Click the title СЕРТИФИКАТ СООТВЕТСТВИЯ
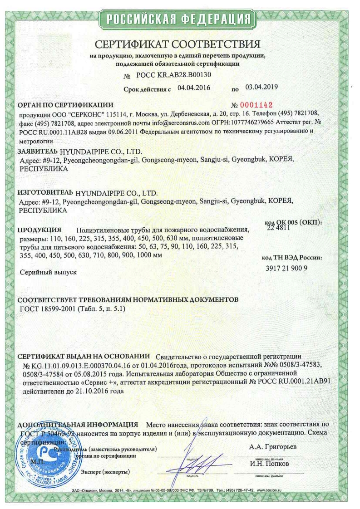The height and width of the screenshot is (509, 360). (x=178, y=44)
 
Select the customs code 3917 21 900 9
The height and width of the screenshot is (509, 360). (x=286, y=268)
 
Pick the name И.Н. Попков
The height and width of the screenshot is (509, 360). (x=269, y=464)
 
